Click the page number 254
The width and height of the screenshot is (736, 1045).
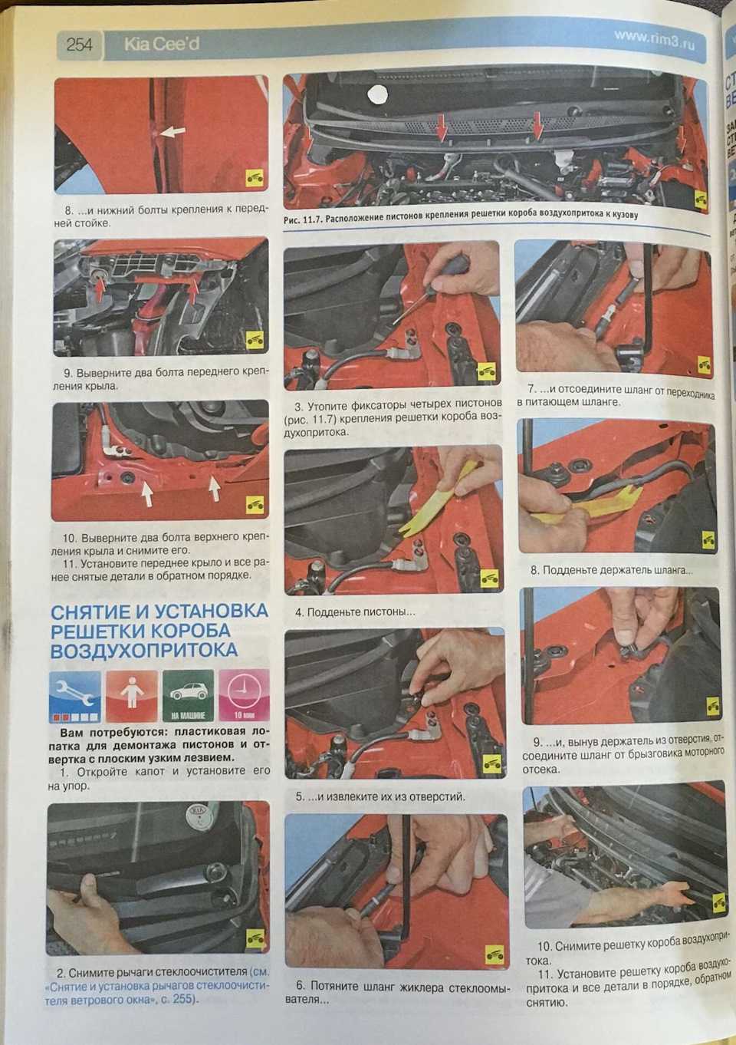point(79,45)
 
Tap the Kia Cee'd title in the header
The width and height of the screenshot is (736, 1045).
point(162,45)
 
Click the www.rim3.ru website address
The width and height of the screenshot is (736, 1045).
point(654,40)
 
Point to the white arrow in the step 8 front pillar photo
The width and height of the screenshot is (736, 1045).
point(172,132)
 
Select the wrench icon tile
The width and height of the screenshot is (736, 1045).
point(74,697)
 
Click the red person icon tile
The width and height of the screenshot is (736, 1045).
point(131,696)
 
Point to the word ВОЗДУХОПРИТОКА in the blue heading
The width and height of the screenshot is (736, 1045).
point(144,651)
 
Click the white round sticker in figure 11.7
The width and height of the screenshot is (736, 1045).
point(377,95)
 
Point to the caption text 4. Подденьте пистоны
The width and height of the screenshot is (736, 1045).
point(354,612)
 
